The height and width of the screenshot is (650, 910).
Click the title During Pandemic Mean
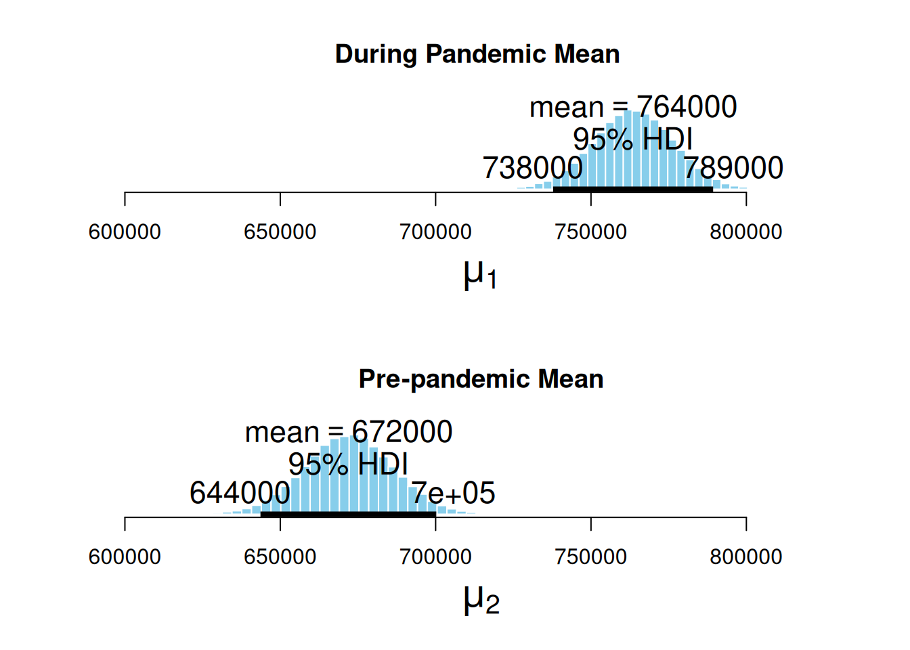click(x=477, y=54)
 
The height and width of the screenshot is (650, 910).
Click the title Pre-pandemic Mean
click(x=481, y=379)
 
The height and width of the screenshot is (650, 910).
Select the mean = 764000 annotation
click(x=633, y=107)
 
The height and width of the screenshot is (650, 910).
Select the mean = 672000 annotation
click(x=349, y=432)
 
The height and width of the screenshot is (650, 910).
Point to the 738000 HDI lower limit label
click(x=532, y=168)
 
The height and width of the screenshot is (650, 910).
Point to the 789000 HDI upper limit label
click(x=733, y=168)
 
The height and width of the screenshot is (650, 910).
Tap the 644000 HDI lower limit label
click(x=240, y=493)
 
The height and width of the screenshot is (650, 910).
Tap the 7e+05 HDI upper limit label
click(x=454, y=493)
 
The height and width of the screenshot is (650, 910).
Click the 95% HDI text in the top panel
click(x=633, y=139)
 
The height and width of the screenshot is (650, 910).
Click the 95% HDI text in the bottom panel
click(x=348, y=464)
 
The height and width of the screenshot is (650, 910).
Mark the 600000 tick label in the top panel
click(x=125, y=232)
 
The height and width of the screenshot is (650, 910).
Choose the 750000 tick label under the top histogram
click(x=590, y=232)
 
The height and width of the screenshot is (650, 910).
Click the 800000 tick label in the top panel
click(x=745, y=232)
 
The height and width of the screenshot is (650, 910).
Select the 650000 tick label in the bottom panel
click(x=280, y=557)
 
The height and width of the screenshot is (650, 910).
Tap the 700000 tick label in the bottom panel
click(x=435, y=557)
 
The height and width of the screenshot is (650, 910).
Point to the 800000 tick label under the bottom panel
click(x=745, y=557)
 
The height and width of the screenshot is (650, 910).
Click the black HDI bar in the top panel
click(x=633, y=189)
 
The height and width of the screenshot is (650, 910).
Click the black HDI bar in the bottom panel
click(x=348, y=514)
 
